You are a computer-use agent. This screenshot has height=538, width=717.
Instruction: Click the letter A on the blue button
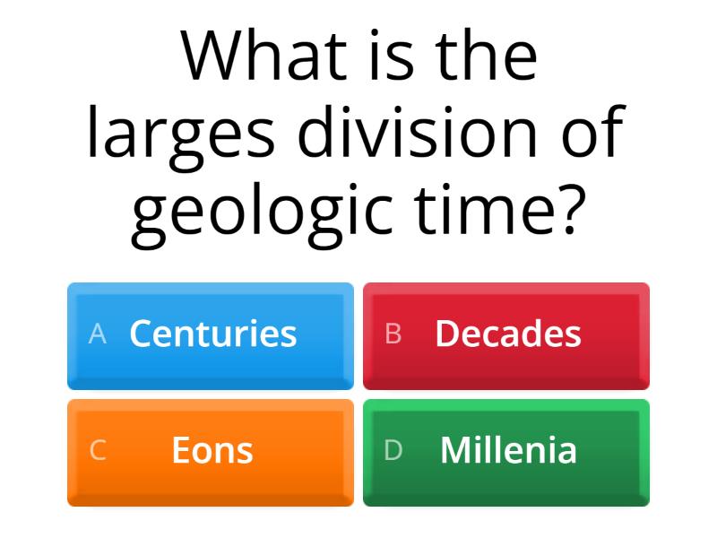coord(98,334)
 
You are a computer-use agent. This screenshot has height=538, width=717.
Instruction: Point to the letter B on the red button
coord(393,334)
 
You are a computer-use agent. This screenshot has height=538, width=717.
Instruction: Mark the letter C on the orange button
coord(98,451)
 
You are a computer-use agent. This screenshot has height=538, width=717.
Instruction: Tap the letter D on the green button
coord(393,451)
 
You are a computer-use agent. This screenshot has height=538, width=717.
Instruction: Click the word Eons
coord(212,450)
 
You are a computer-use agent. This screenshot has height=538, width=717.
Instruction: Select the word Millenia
coord(508,450)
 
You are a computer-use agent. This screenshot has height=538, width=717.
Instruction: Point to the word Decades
coord(508,334)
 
